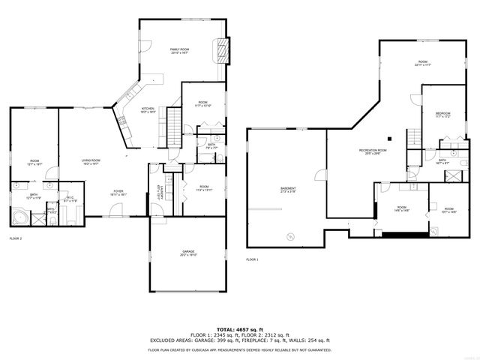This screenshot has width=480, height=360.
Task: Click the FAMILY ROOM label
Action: click(x=178, y=50)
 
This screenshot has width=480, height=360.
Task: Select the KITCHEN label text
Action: click(x=148, y=109)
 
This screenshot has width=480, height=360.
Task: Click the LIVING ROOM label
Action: click(x=91, y=160)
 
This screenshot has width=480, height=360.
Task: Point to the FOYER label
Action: click(x=118, y=191)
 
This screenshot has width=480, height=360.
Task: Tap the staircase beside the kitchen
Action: click(x=174, y=123)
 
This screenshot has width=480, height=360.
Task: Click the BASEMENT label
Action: click(x=288, y=189)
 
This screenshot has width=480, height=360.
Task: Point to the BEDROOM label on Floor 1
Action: click(x=442, y=114)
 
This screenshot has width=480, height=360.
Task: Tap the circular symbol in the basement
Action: click(x=288, y=236)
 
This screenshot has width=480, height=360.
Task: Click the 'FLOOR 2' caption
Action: click(x=16, y=238)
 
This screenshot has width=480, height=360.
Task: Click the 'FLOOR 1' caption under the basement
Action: click(x=252, y=259)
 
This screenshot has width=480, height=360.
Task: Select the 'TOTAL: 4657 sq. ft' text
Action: click(x=239, y=328)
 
